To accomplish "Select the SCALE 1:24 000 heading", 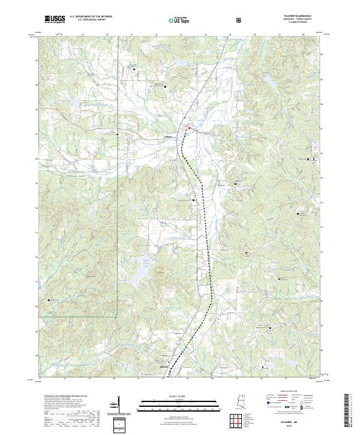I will pyautogui.click(x=171, y=396).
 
